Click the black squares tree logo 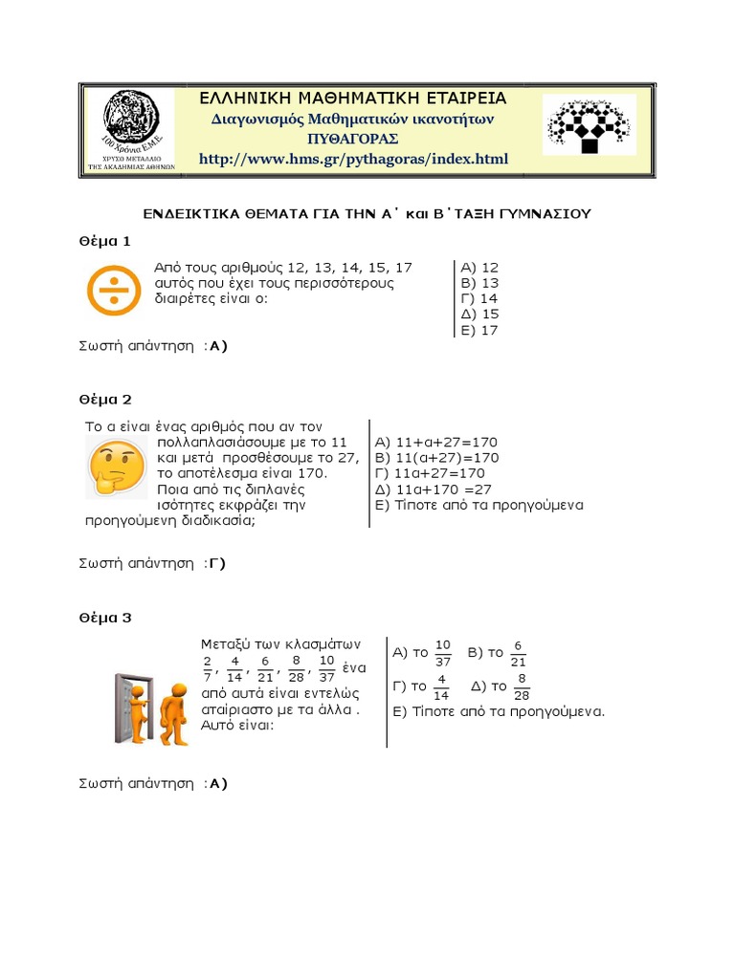coord(588,124)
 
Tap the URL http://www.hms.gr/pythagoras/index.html coord(353,159)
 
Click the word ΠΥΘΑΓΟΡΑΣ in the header coord(352,139)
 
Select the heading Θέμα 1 coord(104,240)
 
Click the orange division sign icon coord(112,290)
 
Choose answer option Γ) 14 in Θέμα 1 coord(479,298)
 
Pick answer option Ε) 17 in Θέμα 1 coord(479,330)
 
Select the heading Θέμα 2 coord(104,399)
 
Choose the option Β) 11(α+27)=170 coord(436,458)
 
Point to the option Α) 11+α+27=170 coord(436,442)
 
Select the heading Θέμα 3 coord(104,617)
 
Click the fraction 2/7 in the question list coord(208,668)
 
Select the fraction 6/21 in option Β coord(518,654)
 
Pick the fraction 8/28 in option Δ coord(522,686)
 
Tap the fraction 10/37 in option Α coord(442,654)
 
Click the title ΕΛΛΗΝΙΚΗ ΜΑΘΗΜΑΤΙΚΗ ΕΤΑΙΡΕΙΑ coord(352,98)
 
